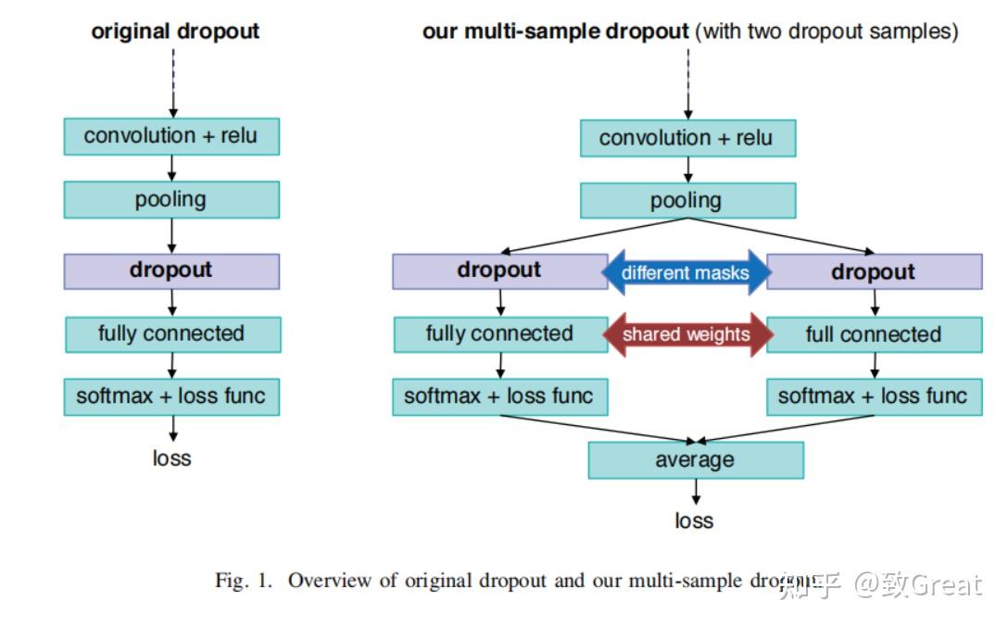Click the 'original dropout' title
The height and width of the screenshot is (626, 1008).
coord(175,31)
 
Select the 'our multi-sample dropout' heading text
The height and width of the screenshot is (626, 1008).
coord(556,31)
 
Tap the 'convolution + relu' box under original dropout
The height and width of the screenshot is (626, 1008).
coord(171,136)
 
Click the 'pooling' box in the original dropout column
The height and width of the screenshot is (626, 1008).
coord(171,199)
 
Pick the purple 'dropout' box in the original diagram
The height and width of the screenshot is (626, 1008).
coord(171,270)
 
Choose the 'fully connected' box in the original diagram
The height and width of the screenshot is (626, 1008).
coord(172,333)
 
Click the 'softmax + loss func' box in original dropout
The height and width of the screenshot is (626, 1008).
coord(171,396)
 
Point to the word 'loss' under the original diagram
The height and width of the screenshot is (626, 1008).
coord(171,457)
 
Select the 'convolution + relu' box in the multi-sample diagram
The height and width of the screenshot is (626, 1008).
coord(687,138)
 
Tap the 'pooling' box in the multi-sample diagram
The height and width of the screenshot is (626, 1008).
coord(687,200)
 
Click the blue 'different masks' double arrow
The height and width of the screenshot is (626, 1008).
coord(687,272)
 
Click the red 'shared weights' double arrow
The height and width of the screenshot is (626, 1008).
coord(687,334)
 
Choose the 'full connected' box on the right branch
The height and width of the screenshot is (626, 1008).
coord(874,334)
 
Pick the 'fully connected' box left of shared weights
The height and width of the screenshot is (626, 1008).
coord(499,334)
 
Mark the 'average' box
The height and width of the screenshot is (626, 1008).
coord(695,460)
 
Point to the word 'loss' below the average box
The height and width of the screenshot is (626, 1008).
coord(694,520)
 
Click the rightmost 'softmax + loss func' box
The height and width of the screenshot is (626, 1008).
coord(874,397)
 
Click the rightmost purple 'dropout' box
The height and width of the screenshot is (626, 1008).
coord(874,271)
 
